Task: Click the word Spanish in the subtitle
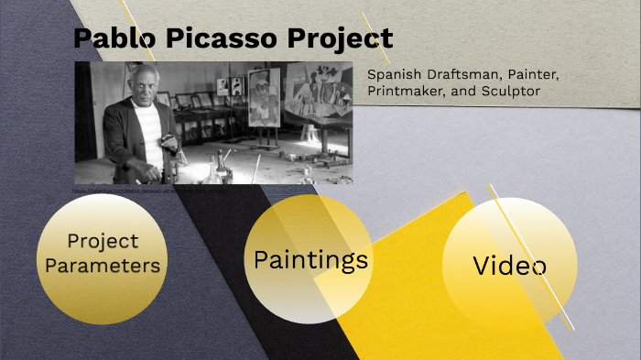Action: [x=397, y=74]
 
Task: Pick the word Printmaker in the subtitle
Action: [x=404, y=93]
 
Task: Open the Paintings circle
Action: [x=310, y=260]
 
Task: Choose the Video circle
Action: [x=509, y=266]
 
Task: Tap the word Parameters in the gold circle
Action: [x=103, y=267]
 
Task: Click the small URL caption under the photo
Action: [x=147, y=192]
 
